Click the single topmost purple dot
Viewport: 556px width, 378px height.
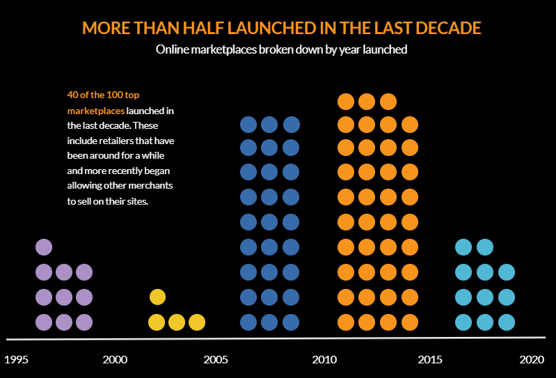click(x=44, y=246)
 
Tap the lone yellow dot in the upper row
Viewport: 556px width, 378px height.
click(x=157, y=297)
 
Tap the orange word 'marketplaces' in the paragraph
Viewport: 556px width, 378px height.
click(x=96, y=111)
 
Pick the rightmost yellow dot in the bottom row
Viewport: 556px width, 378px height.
click(x=197, y=322)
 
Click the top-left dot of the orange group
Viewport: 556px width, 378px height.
click(x=346, y=102)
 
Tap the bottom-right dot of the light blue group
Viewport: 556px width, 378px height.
click(x=506, y=322)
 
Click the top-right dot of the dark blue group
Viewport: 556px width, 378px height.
click(x=291, y=125)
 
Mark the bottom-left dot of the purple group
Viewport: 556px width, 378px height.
click(x=44, y=322)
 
